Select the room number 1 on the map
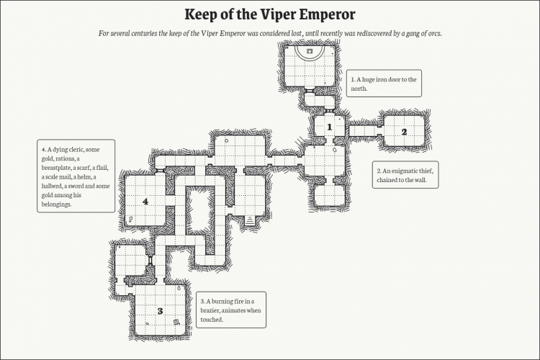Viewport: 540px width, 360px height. (x=329, y=127)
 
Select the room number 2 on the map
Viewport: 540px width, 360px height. (x=404, y=132)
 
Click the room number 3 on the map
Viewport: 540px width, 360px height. (x=160, y=311)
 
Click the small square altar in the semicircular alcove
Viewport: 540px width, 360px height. (x=310, y=52)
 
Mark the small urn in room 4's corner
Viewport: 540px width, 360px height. (x=131, y=217)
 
